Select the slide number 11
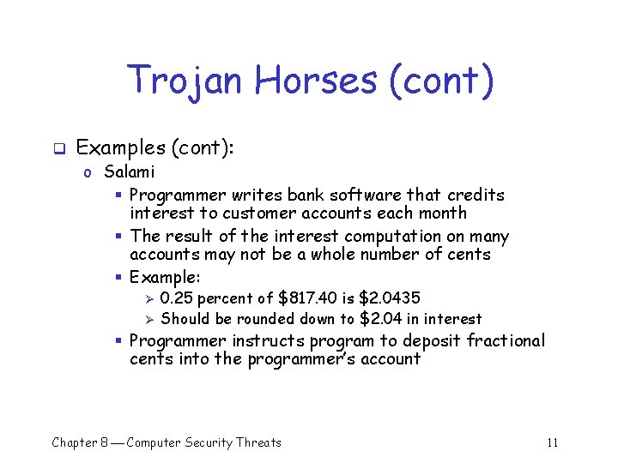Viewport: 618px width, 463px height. (x=552, y=442)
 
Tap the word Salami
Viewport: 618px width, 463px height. (x=130, y=172)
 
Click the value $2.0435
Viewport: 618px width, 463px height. (x=390, y=298)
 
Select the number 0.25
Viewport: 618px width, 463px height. (x=177, y=298)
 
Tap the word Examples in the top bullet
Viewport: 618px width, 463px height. (x=121, y=147)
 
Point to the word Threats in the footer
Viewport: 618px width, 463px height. (x=258, y=442)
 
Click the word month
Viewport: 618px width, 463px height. (x=442, y=213)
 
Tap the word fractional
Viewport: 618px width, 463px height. (x=506, y=340)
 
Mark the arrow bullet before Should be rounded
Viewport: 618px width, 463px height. (x=148, y=319)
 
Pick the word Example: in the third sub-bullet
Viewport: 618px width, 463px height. (x=165, y=277)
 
